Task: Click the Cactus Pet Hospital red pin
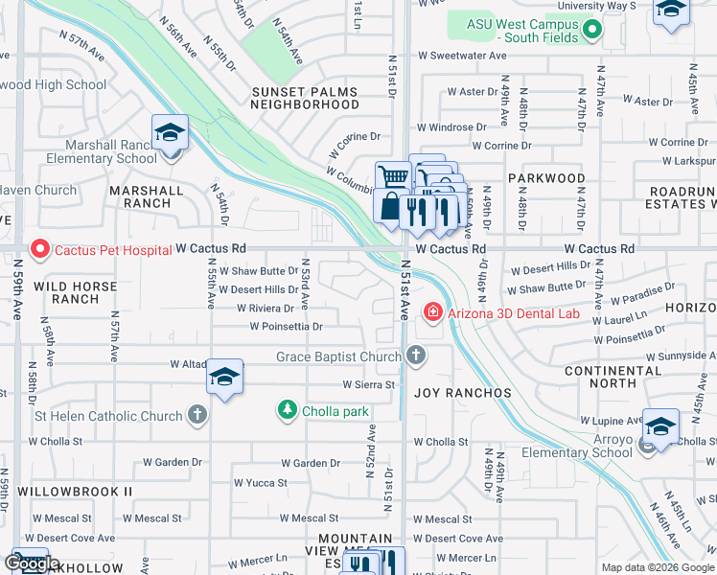[x=39, y=250]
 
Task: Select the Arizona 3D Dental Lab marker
[x=432, y=311]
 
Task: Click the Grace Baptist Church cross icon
[x=415, y=356]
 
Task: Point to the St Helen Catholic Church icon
[x=197, y=416]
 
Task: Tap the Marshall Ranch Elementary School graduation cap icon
[x=170, y=134]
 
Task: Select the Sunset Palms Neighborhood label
[x=305, y=99]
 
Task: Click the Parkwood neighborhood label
[x=546, y=178]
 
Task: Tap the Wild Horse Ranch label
[x=76, y=292]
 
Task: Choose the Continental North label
[x=614, y=377]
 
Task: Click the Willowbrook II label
[x=88, y=491]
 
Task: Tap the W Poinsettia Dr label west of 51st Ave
[x=286, y=327]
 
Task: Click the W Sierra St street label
[x=369, y=384]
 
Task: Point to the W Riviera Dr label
[x=266, y=309]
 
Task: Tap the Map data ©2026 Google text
[x=658, y=567]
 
